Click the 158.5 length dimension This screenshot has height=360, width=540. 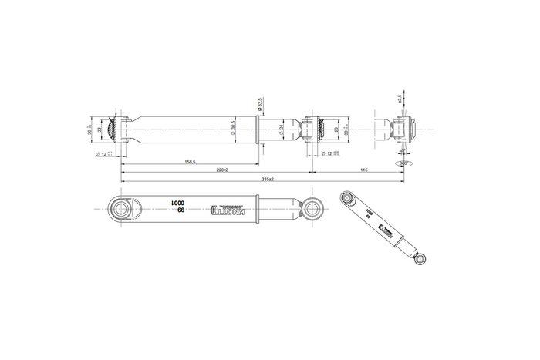pyautogui.click(x=188, y=162)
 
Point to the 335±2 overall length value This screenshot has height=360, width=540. pyautogui.click(x=266, y=179)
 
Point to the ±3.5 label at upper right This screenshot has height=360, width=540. pyautogui.click(x=399, y=98)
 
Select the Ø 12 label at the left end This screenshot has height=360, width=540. pyautogui.click(x=101, y=154)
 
